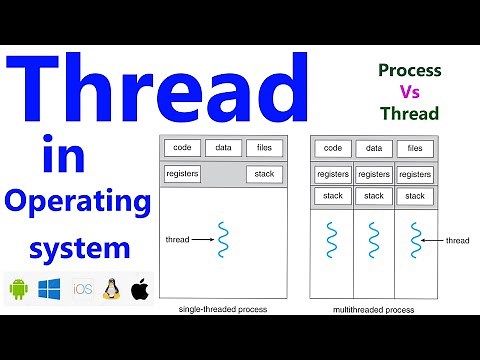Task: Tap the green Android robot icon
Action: [17, 289]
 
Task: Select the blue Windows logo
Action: [50, 289]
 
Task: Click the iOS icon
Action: [82, 289]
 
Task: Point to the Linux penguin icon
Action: [112, 289]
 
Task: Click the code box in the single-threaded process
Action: [182, 148]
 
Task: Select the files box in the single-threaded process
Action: [264, 148]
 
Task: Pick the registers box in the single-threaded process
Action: [182, 174]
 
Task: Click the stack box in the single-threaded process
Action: [264, 174]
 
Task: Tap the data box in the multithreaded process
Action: [373, 148]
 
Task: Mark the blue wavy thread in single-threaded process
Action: [224, 240]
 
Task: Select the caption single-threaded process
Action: [222, 310]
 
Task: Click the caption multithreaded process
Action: [373, 310]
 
